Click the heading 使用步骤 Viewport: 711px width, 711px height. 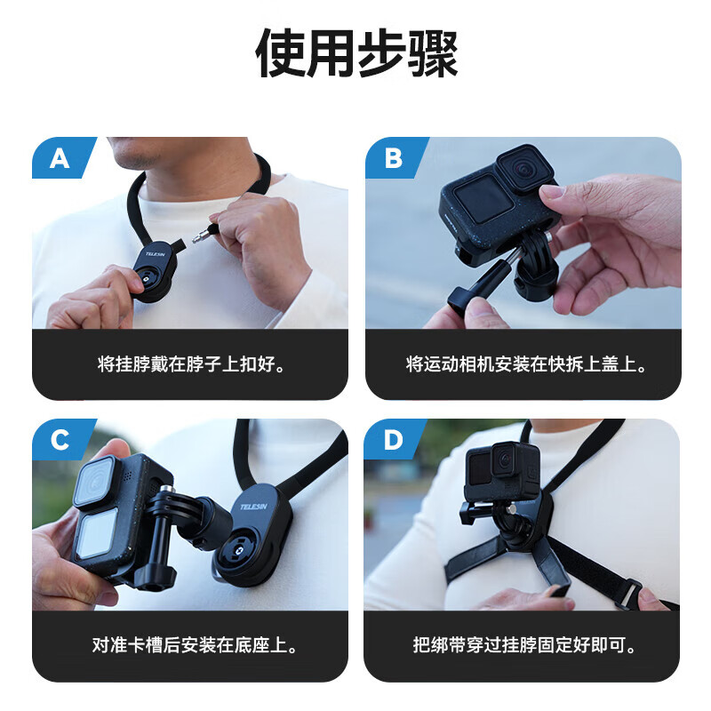pyautogui.click(x=356, y=52)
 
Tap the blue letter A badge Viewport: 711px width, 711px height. pyautogui.click(x=62, y=157)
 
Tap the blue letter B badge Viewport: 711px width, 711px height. pyautogui.click(x=395, y=157)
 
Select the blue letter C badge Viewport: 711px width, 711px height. pyautogui.click(x=62, y=439)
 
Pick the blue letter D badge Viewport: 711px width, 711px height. pyautogui.click(x=395, y=439)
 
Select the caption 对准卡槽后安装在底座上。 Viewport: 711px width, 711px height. pyautogui.click(x=195, y=645)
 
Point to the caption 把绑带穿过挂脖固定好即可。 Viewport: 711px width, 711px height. pyautogui.click(x=524, y=645)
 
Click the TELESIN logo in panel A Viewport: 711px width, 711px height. pyautogui.click(x=156, y=254)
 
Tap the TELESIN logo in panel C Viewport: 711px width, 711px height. pyautogui.click(x=254, y=507)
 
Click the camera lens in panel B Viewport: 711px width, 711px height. pyautogui.click(x=523, y=169)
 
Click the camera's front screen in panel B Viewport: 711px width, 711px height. pyautogui.click(x=483, y=198)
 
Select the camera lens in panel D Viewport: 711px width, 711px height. pyautogui.click(x=505, y=460)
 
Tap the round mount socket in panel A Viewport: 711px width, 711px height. pyautogui.click(x=146, y=278)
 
